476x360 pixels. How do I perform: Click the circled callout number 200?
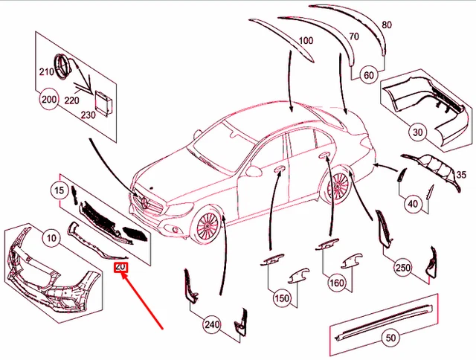pyautogui.click(x=49, y=100)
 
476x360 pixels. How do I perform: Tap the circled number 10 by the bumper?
pyautogui.click(x=51, y=239)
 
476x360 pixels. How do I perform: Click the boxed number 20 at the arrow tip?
pyautogui.click(x=120, y=266)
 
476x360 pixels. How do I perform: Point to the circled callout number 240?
pyautogui.click(x=212, y=324)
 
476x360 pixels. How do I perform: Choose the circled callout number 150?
pyautogui.click(x=282, y=298)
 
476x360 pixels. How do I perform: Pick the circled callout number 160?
pyautogui.click(x=337, y=283)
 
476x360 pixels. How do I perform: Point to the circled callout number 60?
pyautogui.click(x=369, y=75)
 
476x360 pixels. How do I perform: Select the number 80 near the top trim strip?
pyautogui.click(x=386, y=25)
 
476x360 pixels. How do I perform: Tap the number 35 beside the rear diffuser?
pyautogui.click(x=460, y=176)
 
